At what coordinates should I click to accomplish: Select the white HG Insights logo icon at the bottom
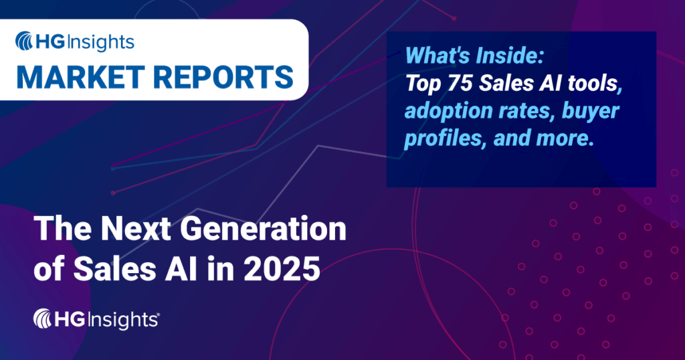[x=45, y=319]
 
